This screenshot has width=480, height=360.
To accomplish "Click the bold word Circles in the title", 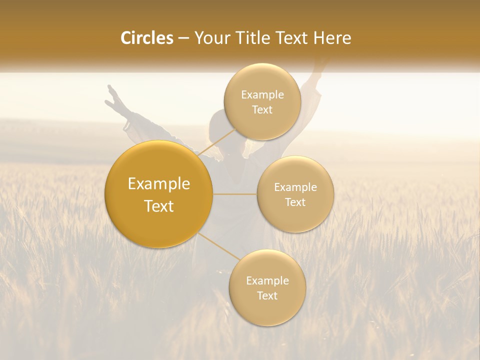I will tap(147, 38).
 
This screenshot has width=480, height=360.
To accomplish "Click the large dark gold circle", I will tap(159, 194).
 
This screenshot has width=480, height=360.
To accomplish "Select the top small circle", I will tap(262, 101).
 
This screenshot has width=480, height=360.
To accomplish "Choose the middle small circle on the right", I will tap(295, 194).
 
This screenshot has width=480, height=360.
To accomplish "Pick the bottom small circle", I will tap(267, 287).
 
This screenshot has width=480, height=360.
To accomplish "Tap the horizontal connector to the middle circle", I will tap(235, 194).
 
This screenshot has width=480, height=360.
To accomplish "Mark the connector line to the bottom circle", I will tap(218, 247).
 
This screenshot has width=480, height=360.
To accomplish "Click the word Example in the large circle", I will tap(159, 184).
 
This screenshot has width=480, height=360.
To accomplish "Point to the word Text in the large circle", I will tap(159, 206).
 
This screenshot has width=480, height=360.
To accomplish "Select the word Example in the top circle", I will tap(262, 95).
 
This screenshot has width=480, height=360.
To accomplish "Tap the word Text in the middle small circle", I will tap(295, 202).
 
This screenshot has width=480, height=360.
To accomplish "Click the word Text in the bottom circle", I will tap(267, 295).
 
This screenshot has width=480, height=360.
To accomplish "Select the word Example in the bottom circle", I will tap(267, 280).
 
